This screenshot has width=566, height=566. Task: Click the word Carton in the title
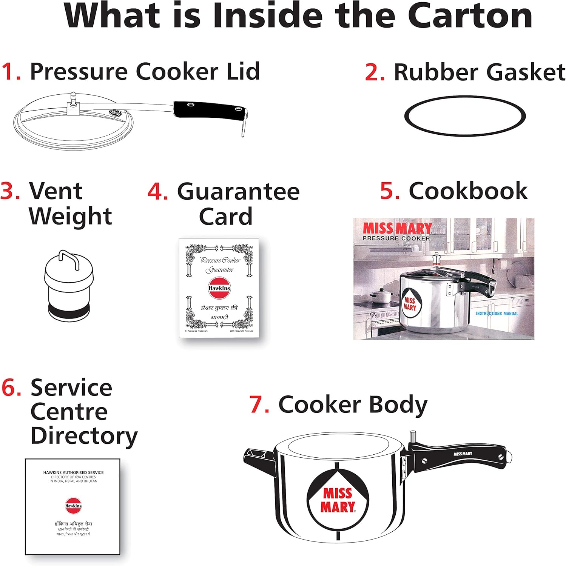(x=470, y=16)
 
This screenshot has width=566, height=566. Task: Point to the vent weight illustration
(x=68, y=285)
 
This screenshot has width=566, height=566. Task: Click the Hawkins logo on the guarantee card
(x=219, y=288)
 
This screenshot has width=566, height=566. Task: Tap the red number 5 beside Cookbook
(x=389, y=191)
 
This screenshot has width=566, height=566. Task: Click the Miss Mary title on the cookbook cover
(x=397, y=228)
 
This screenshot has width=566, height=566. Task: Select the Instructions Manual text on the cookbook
(x=497, y=313)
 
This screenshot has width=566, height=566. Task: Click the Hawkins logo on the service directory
(x=73, y=506)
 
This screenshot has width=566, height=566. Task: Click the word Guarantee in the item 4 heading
(x=238, y=192)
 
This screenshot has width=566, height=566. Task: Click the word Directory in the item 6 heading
(x=84, y=436)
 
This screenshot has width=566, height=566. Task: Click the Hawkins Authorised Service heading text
(x=73, y=472)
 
